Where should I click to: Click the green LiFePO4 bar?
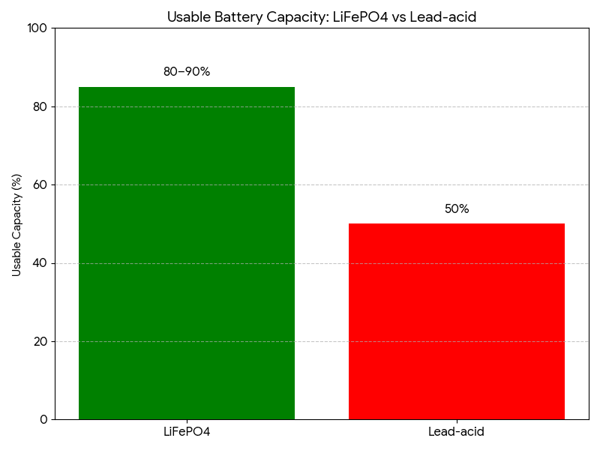pyautogui.click(x=187, y=253)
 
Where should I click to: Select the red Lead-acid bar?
pyautogui.click(x=457, y=321)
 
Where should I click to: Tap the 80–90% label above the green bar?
pyautogui.click(x=187, y=72)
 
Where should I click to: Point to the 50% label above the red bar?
pyautogui.click(x=457, y=209)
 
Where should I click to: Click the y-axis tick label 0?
pyautogui.click(x=43, y=419)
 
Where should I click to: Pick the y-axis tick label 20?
pyautogui.click(x=40, y=341)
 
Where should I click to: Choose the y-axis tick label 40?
pyautogui.click(x=40, y=263)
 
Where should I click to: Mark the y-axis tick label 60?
pyautogui.click(x=40, y=184)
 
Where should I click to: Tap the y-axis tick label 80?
pyautogui.click(x=40, y=106)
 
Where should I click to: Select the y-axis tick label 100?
pyautogui.click(x=37, y=28)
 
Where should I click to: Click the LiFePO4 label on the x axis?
pyautogui.click(x=187, y=432)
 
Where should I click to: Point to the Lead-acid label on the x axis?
pyautogui.click(x=457, y=432)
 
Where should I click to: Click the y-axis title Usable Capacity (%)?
pyautogui.click(x=16, y=225)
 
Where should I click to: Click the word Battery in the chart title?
pyautogui.click(x=232, y=16)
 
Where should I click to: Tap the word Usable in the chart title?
pyautogui.click(x=187, y=16)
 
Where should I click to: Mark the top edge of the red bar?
pyautogui.click(x=457, y=224)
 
